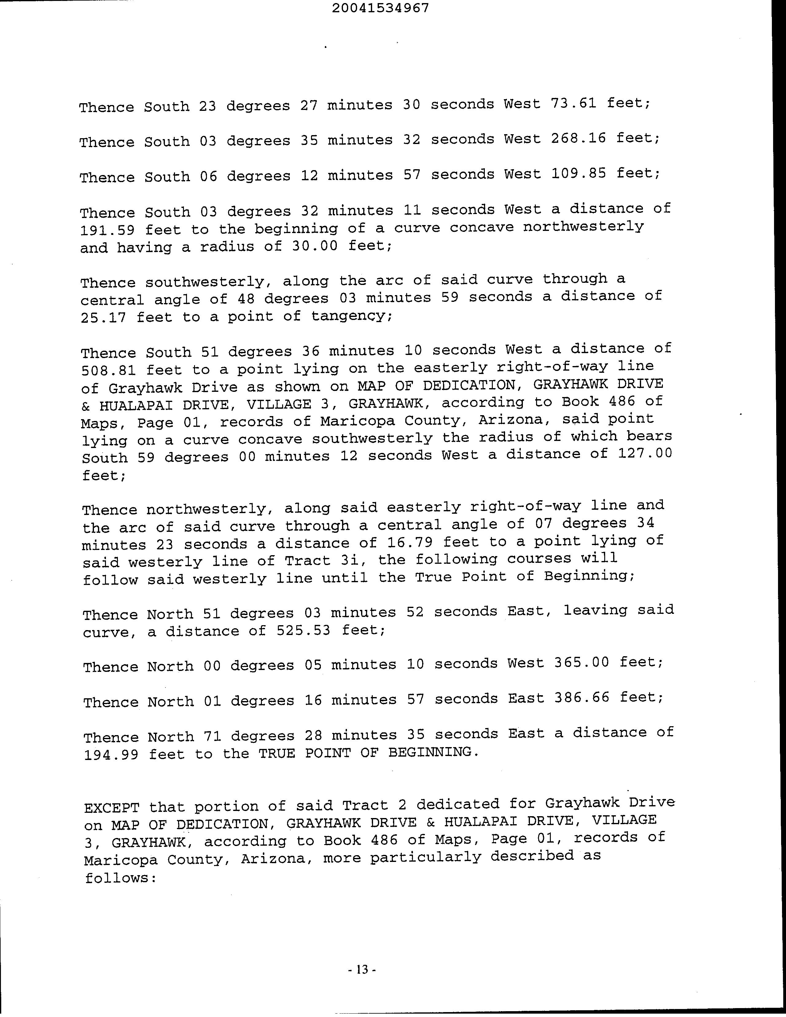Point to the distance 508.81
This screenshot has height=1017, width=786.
[x=108, y=371]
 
